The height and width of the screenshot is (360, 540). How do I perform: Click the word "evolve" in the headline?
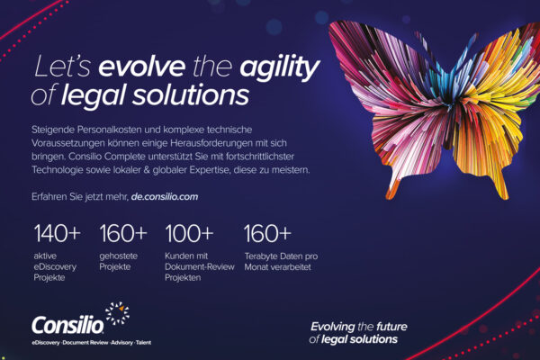(141, 67)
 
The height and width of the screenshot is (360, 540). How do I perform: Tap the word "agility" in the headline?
(280, 67)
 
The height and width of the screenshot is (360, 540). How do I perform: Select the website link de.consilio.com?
(165, 197)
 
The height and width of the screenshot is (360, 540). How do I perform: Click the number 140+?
(58, 233)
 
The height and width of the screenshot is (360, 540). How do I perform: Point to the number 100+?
(189, 233)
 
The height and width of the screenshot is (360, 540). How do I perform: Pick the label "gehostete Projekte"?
(118, 261)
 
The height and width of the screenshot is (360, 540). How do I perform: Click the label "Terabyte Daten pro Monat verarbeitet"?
(281, 262)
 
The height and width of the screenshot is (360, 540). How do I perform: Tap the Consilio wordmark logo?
(67, 325)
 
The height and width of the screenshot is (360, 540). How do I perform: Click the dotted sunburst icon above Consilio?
(117, 313)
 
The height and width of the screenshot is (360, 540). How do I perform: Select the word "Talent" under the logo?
(143, 342)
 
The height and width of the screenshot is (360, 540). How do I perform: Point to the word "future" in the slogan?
(391, 326)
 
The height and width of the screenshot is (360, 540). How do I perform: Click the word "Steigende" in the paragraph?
(53, 130)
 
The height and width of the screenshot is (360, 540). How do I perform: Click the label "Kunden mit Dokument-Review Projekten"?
(200, 266)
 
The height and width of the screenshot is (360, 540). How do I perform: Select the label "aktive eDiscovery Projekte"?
(55, 266)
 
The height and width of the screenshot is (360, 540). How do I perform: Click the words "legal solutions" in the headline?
(155, 95)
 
